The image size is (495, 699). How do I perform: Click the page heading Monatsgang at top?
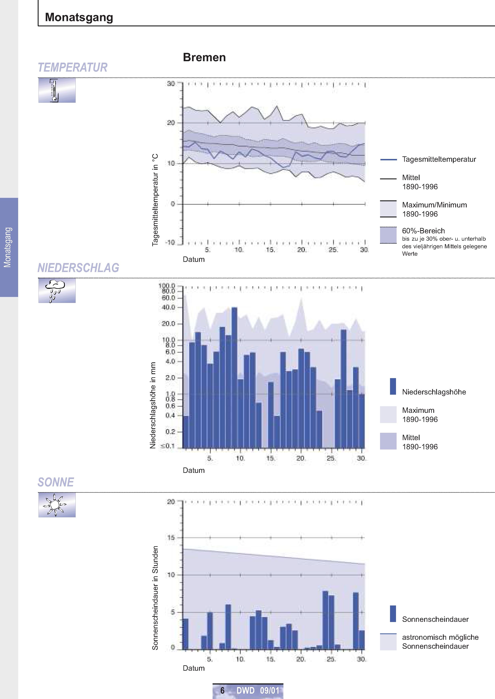(x=79, y=17)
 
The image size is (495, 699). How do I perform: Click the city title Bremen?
(x=204, y=57)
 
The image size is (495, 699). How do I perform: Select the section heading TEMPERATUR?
(x=72, y=67)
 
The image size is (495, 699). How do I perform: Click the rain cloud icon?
(x=57, y=291)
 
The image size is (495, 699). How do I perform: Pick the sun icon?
(x=57, y=505)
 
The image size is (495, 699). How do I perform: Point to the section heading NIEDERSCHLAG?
(x=78, y=268)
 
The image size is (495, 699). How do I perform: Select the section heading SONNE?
(x=56, y=482)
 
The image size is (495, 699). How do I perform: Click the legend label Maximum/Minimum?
(x=434, y=205)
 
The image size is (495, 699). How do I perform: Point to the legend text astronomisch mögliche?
(x=440, y=637)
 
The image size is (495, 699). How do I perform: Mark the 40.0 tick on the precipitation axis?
(x=168, y=307)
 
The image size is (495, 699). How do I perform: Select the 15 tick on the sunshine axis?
(x=171, y=538)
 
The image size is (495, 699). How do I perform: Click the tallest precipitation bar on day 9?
(x=234, y=378)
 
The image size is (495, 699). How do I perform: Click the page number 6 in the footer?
(x=223, y=690)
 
